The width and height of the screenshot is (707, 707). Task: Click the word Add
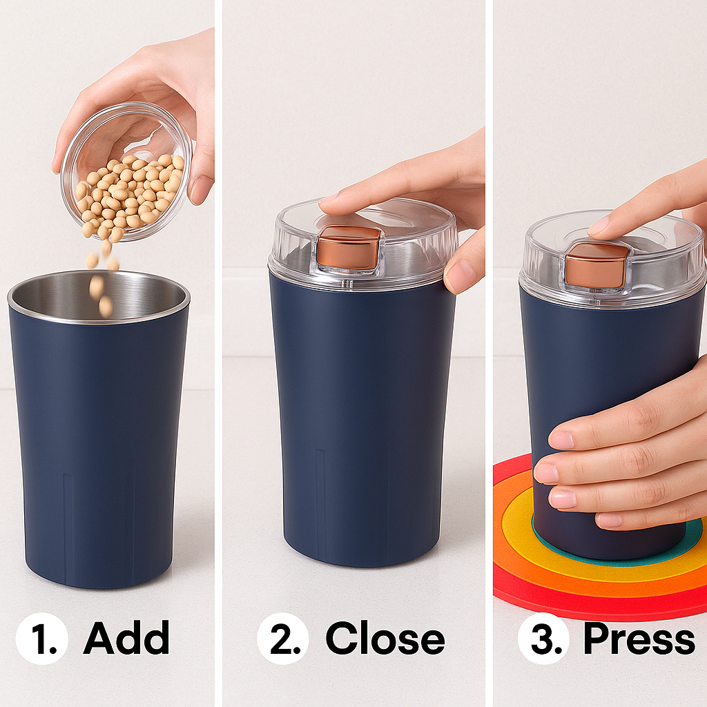pyautogui.click(x=126, y=637)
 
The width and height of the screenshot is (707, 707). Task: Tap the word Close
pyautogui.click(x=385, y=637)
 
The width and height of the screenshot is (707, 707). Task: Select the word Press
pyautogui.click(x=639, y=637)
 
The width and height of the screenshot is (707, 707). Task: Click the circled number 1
pyautogui.click(x=42, y=638)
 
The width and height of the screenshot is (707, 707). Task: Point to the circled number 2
pyautogui.click(x=283, y=638)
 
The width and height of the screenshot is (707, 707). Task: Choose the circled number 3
pyautogui.click(x=544, y=638)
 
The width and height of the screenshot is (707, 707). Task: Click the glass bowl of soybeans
pyautogui.click(x=127, y=171)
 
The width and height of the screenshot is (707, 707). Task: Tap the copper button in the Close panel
pyautogui.click(x=349, y=248)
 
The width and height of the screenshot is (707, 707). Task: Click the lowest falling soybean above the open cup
pyautogui.click(x=105, y=307)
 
